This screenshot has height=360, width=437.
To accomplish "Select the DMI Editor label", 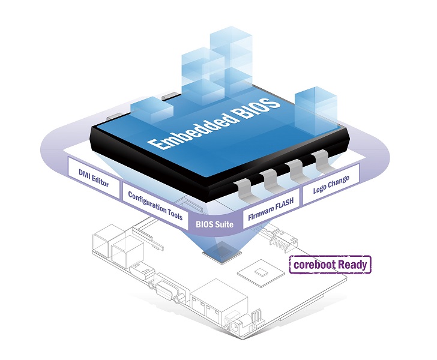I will tap(94, 175).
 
